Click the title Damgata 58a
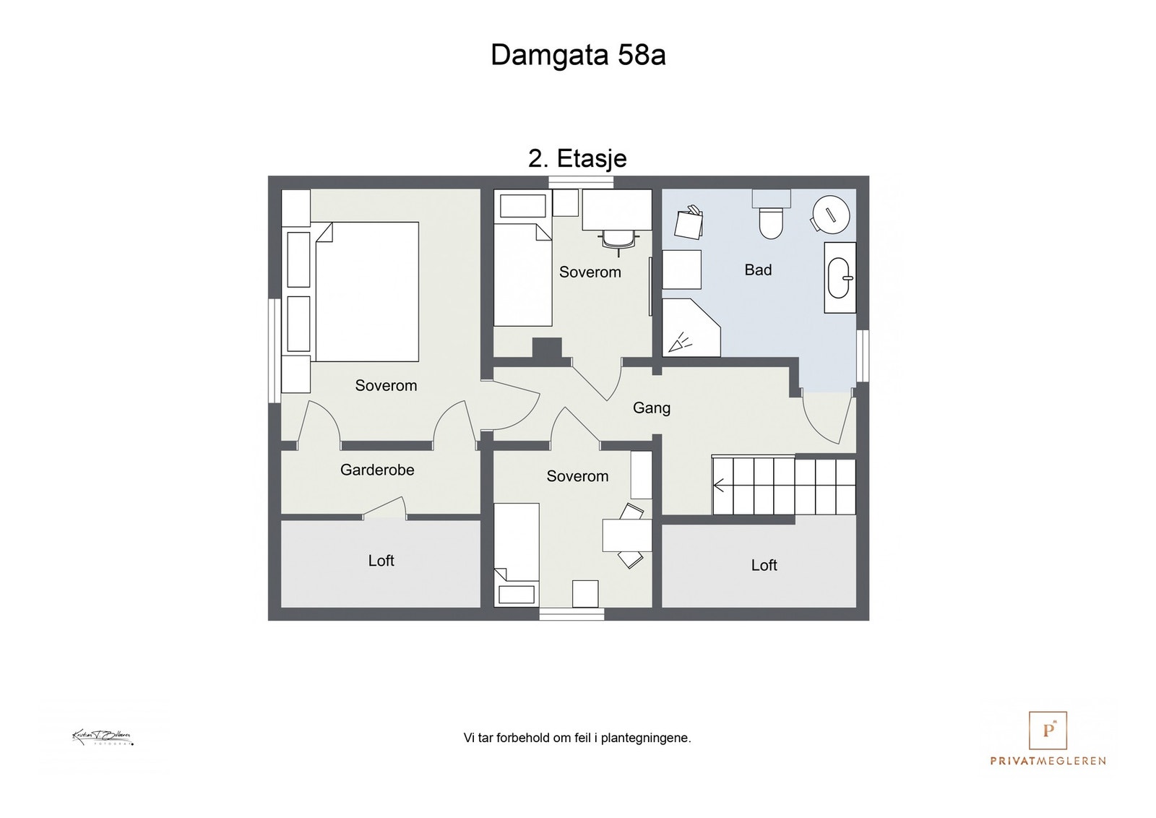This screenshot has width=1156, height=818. [x=578, y=55]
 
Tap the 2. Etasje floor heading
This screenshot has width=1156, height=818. [x=577, y=158]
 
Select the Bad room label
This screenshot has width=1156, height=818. [x=758, y=270]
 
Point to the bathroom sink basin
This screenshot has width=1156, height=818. [x=840, y=277]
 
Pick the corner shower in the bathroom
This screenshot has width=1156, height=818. [x=690, y=329]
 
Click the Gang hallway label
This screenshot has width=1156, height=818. [x=651, y=408]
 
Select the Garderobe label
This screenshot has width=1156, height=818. [x=377, y=470]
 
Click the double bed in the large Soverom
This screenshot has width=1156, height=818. [x=366, y=291]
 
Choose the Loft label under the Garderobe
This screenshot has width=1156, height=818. [x=381, y=561]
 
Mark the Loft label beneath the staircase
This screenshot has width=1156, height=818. [x=764, y=566]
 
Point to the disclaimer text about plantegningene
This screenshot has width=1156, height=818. [x=577, y=739]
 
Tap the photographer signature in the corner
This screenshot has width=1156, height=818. [x=103, y=738]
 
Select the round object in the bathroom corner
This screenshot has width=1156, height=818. [x=830, y=214]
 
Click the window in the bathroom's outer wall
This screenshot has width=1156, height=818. [x=863, y=356]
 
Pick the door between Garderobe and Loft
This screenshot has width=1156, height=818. [x=384, y=509]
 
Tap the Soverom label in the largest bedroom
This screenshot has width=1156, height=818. [x=386, y=386]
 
